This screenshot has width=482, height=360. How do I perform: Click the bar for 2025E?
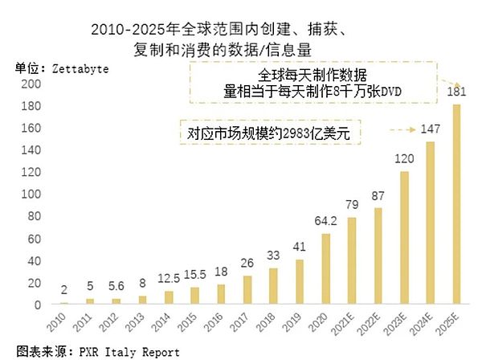tap(458, 205)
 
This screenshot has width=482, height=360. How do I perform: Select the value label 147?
tap(431, 129)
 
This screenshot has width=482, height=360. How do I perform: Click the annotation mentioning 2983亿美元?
tap(269, 132)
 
